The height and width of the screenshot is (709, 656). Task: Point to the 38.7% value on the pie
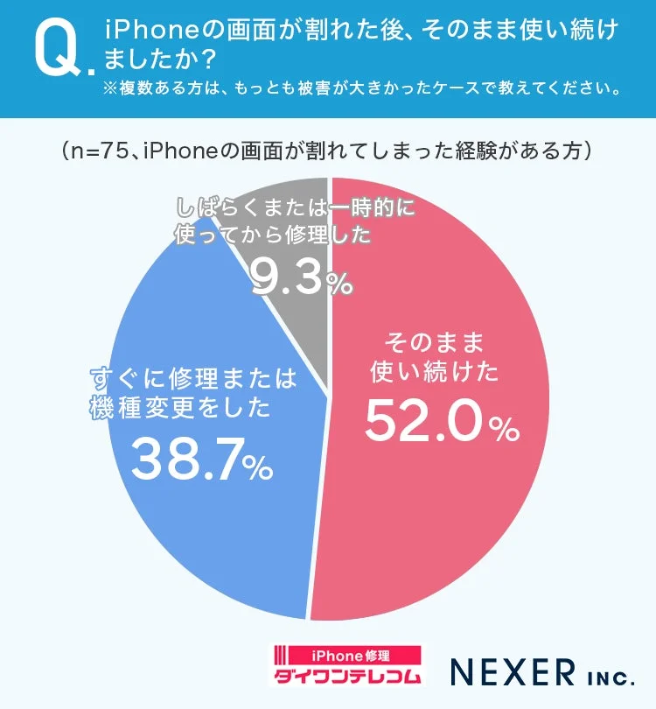click(185, 461)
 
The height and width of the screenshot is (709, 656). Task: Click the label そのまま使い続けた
click(434, 356)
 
